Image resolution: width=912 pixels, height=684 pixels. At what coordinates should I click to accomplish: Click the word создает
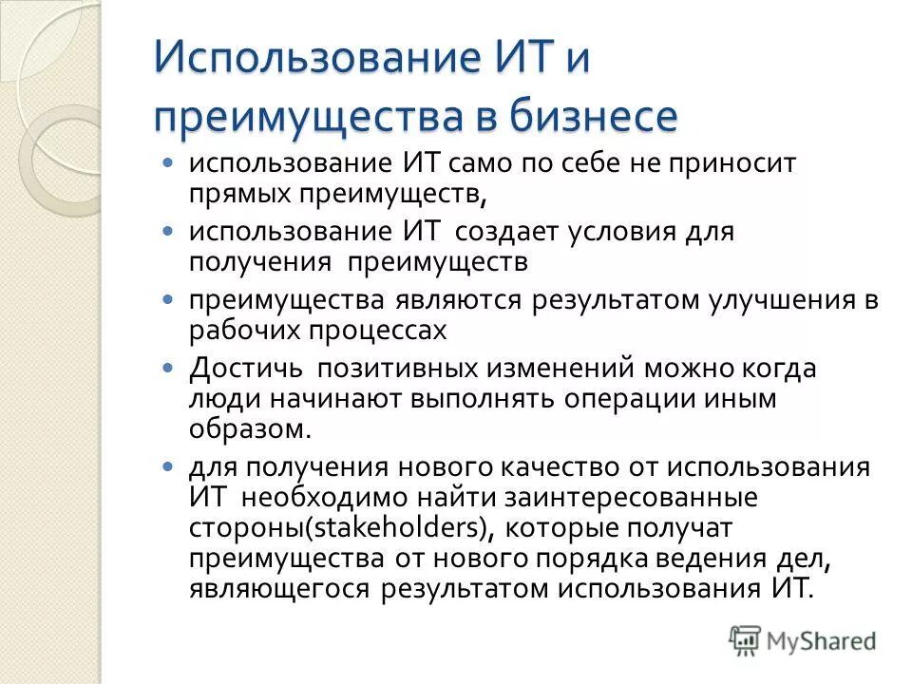click(x=512, y=232)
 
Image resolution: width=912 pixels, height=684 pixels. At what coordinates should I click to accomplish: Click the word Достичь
click(x=245, y=368)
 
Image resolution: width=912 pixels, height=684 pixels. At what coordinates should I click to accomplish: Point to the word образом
click(x=249, y=427)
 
